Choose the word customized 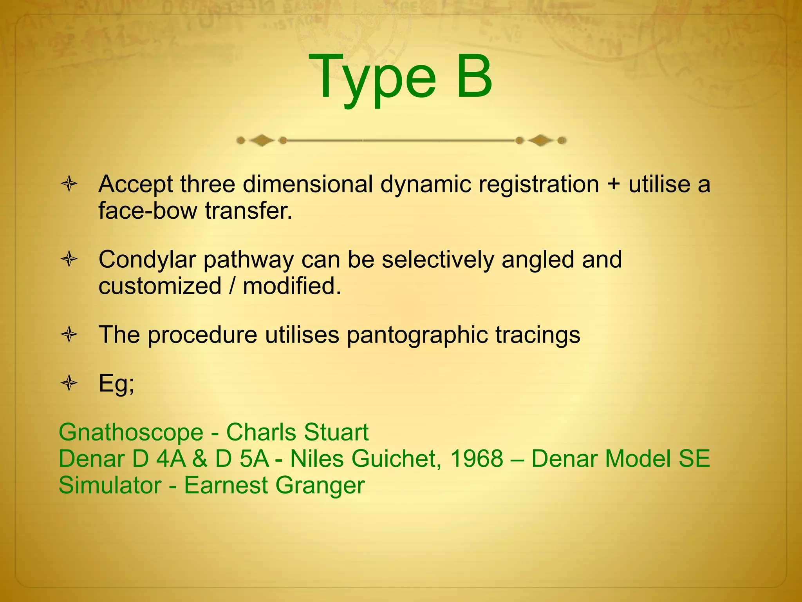(x=160, y=286)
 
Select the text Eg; (x=116, y=384)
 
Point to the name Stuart (x=336, y=432)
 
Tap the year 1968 (x=477, y=459)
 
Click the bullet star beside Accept (x=69, y=184)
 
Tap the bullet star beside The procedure (x=69, y=335)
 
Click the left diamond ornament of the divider (x=262, y=140)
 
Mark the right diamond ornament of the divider (x=540, y=140)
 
